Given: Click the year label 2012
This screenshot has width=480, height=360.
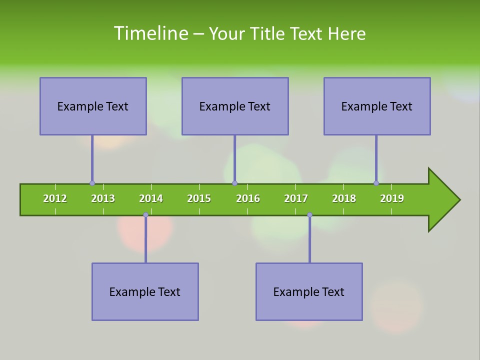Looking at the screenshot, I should [55, 198].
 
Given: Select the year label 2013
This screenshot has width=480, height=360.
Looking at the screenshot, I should [103, 198].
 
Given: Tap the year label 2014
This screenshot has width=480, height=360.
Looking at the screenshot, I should [151, 198].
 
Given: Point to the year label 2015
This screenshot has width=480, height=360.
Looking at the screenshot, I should [199, 198].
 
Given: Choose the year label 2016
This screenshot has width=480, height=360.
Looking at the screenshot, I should [248, 198].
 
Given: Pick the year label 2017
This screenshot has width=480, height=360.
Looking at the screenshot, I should [296, 198].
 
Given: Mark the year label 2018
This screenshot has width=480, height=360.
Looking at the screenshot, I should [344, 198].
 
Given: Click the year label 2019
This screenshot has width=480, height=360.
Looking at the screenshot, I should [392, 198].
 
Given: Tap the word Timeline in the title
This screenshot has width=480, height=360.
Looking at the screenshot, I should [150, 33].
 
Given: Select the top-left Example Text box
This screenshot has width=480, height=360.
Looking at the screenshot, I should [93, 106].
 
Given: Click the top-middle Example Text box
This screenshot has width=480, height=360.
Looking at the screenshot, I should [235, 106].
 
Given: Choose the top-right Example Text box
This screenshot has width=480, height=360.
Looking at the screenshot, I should [377, 106].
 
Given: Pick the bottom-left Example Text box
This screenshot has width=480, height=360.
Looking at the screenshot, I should [145, 291].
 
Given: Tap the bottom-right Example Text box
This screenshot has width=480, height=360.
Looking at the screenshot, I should [309, 291].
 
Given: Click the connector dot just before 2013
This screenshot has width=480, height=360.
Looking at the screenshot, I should [92, 183].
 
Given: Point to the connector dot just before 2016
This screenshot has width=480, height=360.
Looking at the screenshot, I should [234, 183].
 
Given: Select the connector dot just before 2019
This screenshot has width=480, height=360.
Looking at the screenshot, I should [376, 183].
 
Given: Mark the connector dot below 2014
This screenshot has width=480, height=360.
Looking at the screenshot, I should [145, 214].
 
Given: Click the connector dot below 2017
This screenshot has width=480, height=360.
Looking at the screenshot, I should [309, 214].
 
